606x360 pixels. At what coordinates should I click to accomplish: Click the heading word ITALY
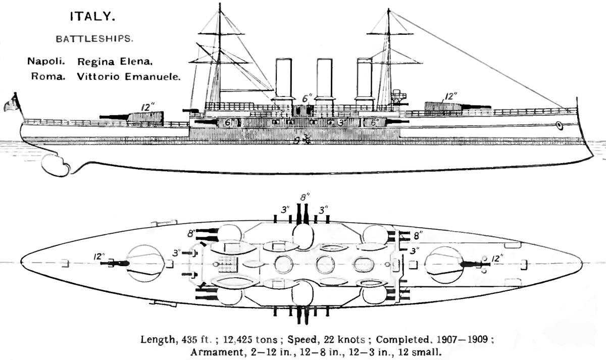click(92, 17)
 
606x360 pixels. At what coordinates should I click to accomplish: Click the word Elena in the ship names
click(137, 62)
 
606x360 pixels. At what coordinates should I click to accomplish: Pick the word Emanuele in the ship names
click(154, 77)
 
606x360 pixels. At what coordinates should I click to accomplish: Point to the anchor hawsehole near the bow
click(559, 125)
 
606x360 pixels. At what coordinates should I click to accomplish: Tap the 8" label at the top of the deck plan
click(302, 197)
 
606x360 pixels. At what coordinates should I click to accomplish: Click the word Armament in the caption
click(213, 352)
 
